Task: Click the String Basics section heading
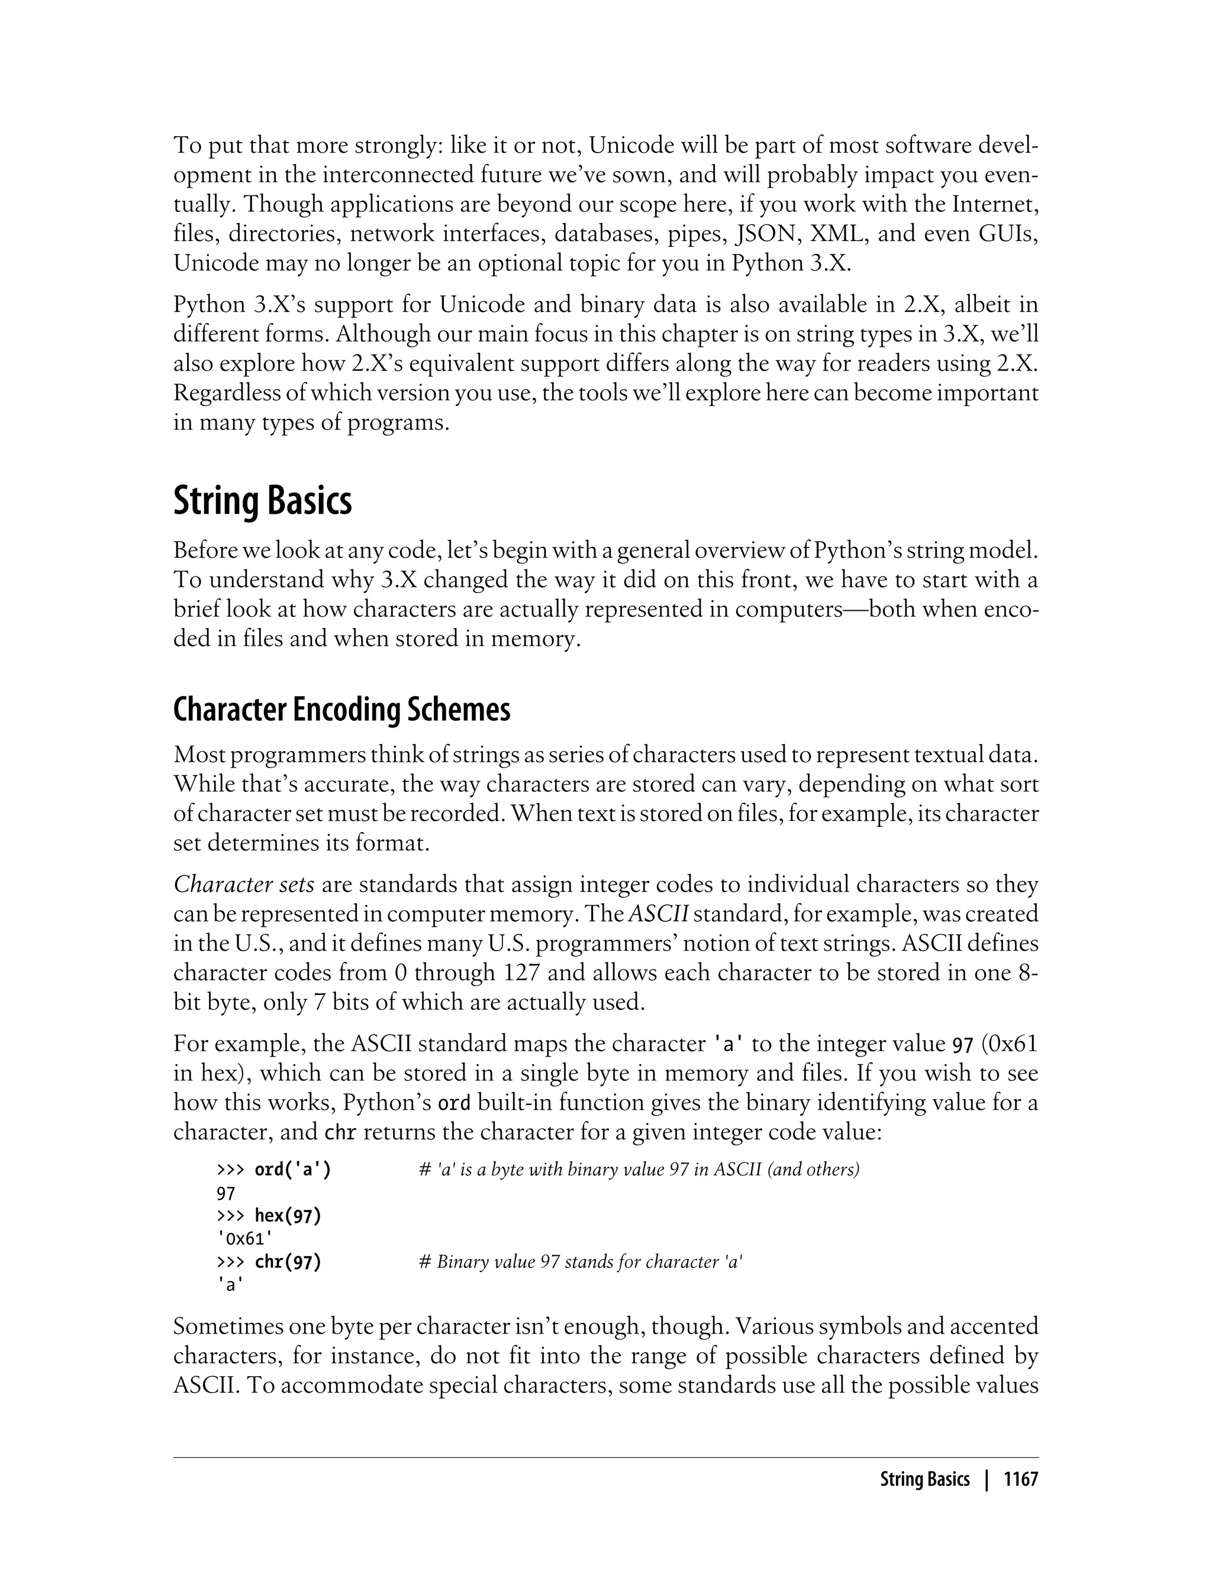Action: click(262, 501)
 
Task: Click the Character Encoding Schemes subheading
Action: click(341, 710)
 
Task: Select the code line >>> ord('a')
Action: click(274, 1170)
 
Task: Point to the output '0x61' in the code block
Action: click(244, 1239)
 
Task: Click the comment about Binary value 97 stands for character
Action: click(581, 1262)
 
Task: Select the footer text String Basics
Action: click(924, 1479)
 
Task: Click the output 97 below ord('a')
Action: click(226, 1193)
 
